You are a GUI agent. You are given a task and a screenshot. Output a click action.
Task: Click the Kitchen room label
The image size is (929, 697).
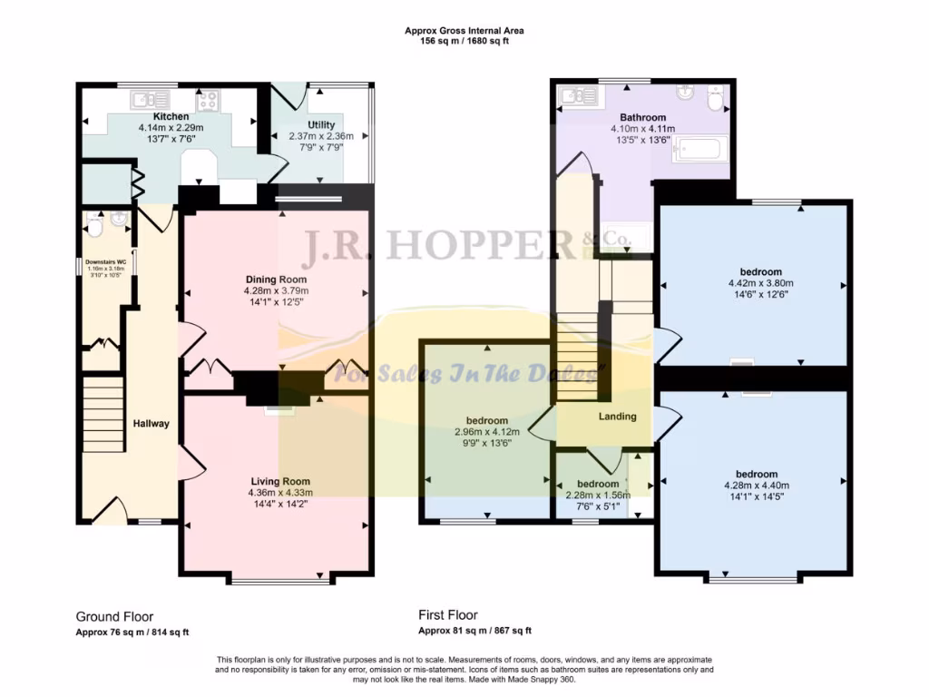coord(171,117)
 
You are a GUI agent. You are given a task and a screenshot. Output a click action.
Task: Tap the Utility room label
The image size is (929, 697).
coord(321,125)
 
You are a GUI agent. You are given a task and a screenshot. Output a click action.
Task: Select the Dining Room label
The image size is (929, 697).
coord(276,280)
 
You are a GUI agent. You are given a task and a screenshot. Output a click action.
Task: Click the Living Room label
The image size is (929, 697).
coord(280,482)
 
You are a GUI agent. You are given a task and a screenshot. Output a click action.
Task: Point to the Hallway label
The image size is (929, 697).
coord(152,424)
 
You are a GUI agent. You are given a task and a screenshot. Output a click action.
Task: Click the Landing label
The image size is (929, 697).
coord(617,417)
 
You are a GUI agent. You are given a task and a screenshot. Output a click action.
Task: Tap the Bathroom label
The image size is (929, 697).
coord(642,118)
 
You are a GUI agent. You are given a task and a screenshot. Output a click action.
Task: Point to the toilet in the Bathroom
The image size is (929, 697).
coord(716,100)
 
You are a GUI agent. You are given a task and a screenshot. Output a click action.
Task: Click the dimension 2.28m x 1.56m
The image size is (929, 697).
coord(598,495)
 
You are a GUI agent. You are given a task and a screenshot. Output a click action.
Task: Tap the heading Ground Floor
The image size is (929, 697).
coord(114,616)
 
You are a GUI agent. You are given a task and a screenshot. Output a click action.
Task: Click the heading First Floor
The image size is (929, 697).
coord(448,615)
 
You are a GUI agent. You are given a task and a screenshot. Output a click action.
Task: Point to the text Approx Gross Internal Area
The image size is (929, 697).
coord(464,31)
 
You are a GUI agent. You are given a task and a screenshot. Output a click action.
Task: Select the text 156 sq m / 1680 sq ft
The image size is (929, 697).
coord(464,42)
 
